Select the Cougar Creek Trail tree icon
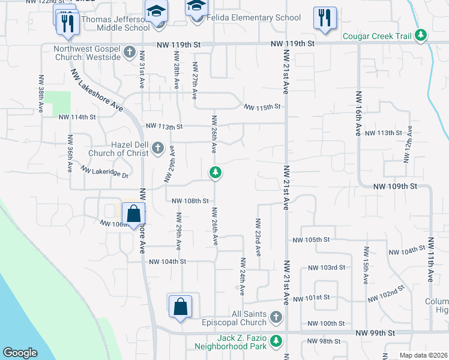pos(422,35)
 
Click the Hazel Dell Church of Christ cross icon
pos(158,148)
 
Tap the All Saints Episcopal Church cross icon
pos(276,316)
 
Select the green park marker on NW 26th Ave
pos(215,173)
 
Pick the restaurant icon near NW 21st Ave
pos(325,18)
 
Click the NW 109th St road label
pos(394,187)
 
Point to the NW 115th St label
pos(262,107)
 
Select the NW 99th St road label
pos(375,332)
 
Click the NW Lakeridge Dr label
pos(106,173)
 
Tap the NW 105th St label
pos(311,239)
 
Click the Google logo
pos(20,353)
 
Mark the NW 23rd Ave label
pos(258,235)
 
